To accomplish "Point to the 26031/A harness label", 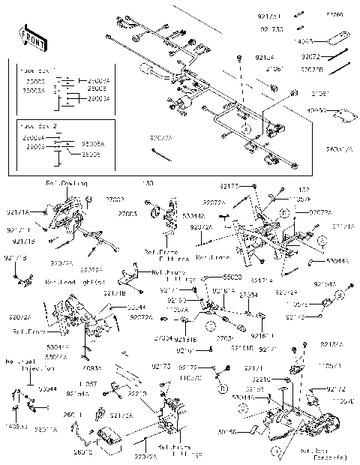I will tap(337, 149).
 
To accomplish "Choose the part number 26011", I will tap(73, 415).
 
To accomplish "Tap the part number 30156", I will tap(247, 432).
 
